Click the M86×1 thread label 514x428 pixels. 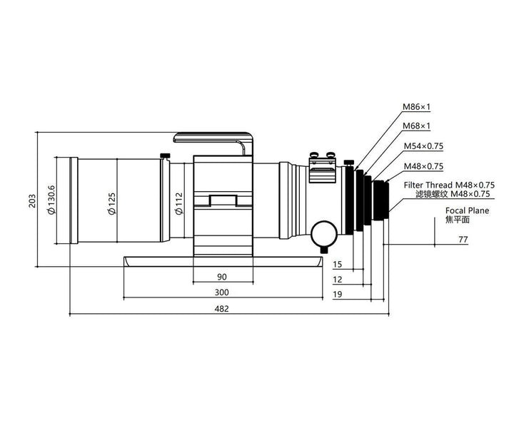[416, 106]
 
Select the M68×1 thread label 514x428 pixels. [416, 126]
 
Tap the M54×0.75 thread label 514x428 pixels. [423, 146]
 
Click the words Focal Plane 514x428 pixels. [467, 210]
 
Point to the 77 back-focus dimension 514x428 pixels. [463, 240]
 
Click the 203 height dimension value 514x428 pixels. [32, 200]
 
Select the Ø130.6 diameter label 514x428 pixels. [52, 200]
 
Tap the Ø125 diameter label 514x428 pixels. [112, 203]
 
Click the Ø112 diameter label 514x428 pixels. [179, 203]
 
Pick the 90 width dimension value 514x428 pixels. [222, 277]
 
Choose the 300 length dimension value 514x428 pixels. [221, 292]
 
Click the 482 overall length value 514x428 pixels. [221, 308]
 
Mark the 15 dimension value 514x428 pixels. [337, 264]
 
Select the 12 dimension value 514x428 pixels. [337, 280]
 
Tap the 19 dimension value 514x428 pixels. [337, 294]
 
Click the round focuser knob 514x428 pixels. [324, 234]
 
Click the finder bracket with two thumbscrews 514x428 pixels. [323, 168]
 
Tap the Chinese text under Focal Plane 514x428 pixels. [458, 220]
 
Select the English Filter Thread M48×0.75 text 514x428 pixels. [449, 185]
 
